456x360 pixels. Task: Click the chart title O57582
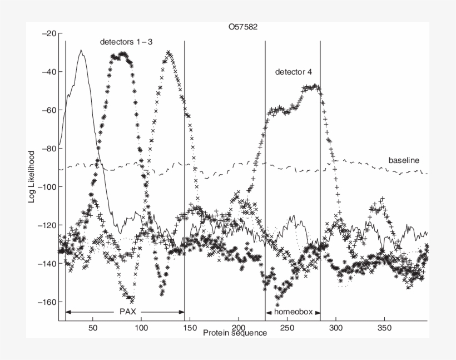click(x=246, y=26)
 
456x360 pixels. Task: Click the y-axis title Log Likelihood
click(x=33, y=175)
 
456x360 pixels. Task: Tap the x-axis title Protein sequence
click(x=235, y=333)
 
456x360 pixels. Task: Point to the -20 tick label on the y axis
click(x=48, y=33)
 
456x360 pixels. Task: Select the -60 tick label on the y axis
click(x=48, y=110)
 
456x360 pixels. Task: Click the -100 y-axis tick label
click(x=46, y=187)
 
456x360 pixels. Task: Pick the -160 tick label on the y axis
click(x=46, y=302)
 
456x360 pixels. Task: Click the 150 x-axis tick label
click(x=190, y=327)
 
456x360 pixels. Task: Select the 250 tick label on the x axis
click(x=287, y=327)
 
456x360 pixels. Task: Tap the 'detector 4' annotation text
click(x=294, y=72)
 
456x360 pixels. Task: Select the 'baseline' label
click(x=403, y=160)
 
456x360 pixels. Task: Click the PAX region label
click(x=128, y=312)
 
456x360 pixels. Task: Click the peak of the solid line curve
click(x=81, y=50)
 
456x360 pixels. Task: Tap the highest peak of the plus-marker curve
click(x=315, y=86)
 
